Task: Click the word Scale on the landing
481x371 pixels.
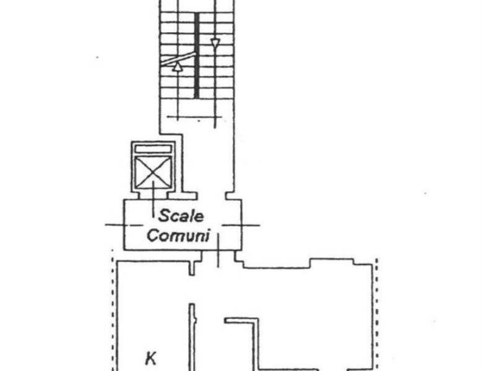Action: [x=181, y=216]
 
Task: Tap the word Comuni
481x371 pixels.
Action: [x=178, y=236]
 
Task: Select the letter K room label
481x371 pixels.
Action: [x=150, y=358]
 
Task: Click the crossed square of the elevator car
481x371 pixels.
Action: [x=153, y=172]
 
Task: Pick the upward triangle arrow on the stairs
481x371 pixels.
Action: [x=177, y=67]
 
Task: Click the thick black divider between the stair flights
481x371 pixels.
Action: [x=197, y=56]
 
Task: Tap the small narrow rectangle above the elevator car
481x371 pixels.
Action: [x=153, y=149]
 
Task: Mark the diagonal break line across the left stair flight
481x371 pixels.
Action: [x=178, y=59]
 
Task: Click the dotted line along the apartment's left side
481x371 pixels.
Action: [x=113, y=310]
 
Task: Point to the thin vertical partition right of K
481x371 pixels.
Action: [x=192, y=337]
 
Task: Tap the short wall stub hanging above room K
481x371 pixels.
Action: [x=192, y=268]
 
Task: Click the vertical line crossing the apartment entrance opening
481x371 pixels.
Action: [x=218, y=250]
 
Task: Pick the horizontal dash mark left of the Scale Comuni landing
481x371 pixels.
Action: [x=124, y=225]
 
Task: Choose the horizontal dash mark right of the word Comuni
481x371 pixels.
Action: [x=241, y=225]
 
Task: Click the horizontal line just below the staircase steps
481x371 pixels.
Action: [x=194, y=117]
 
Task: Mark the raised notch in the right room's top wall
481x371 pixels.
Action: [x=332, y=261]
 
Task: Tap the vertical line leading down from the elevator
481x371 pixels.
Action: [x=154, y=200]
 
